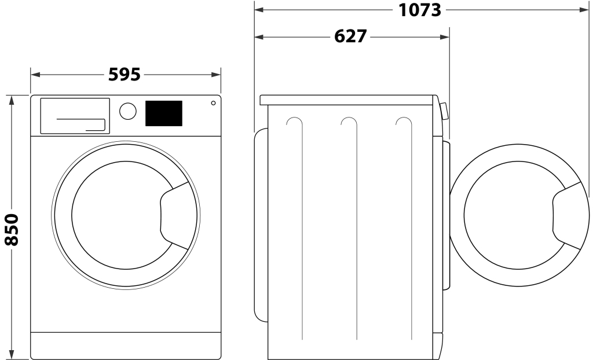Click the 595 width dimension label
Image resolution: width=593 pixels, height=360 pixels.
pyautogui.click(x=125, y=75)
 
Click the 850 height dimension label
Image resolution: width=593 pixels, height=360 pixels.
pyautogui.click(x=12, y=229)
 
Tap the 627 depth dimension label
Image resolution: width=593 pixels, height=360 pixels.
pyautogui.click(x=351, y=36)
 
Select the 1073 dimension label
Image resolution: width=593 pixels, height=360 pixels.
pyautogui.click(x=420, y=10)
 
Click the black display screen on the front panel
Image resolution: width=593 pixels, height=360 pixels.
pyautogui.click(x=163, y=113)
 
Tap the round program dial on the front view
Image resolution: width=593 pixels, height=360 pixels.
pyautogui.click(x=128, y=112)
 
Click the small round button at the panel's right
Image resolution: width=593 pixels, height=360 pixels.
pyautogui.click(x=213, y=103)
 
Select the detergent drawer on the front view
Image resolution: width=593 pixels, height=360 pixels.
pyautogui.click(x=75, y=116)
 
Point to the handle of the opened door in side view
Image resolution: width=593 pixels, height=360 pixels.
pyautogui.click(x=567, y=215)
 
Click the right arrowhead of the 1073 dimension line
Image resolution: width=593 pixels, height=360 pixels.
pyautogui.click(x=585, y=10)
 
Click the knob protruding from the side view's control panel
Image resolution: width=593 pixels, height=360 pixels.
pyautogui.click(x=444, y=111)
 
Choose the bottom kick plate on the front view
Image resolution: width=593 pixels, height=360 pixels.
pyautogui.click(x=125, y=346)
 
